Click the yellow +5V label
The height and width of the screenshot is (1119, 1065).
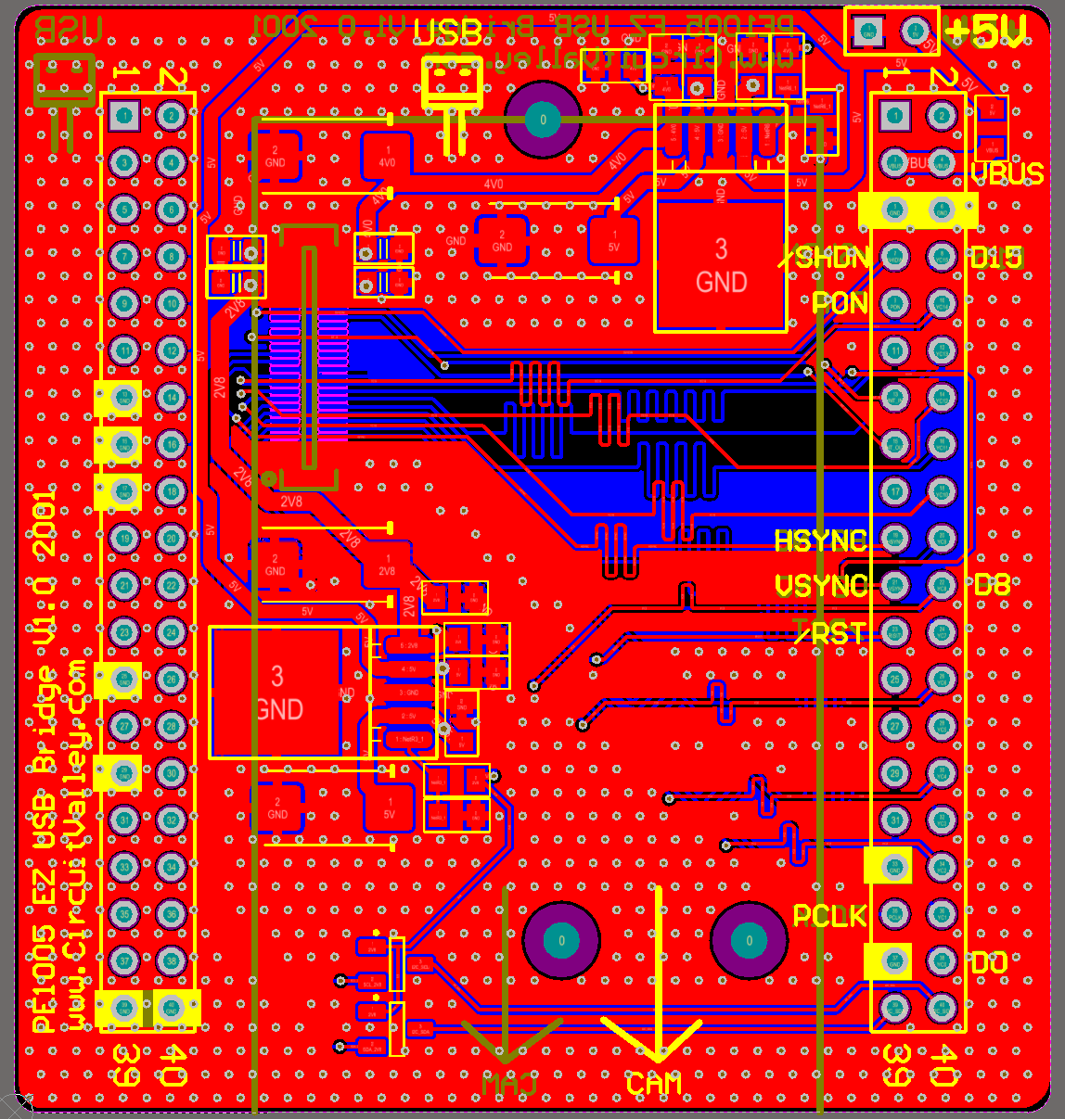pos(985,32)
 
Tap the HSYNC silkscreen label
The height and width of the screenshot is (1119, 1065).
pos(820,540)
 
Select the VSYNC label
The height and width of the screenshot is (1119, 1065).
pos(820,586)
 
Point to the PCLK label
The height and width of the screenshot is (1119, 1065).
pos(829,916)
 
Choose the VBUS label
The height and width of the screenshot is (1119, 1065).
pos(1007,174)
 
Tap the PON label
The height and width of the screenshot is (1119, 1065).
pos(839,303)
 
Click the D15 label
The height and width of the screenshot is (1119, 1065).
pos(996,258)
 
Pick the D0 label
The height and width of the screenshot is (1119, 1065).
pos(989,963)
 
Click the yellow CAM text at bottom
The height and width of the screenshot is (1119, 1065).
pos(653,1084)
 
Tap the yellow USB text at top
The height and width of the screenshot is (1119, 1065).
pos(448,32)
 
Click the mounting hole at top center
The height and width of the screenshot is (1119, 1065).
pos(543,120)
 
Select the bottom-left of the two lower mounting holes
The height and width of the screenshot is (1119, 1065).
pos(561,941)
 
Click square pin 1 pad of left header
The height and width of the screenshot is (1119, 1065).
pos(123,116)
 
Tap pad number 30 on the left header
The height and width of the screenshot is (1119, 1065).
pos(172,772)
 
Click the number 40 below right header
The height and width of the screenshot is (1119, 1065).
pos(943,1066)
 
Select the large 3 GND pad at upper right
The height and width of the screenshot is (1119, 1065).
pos(721,266)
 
